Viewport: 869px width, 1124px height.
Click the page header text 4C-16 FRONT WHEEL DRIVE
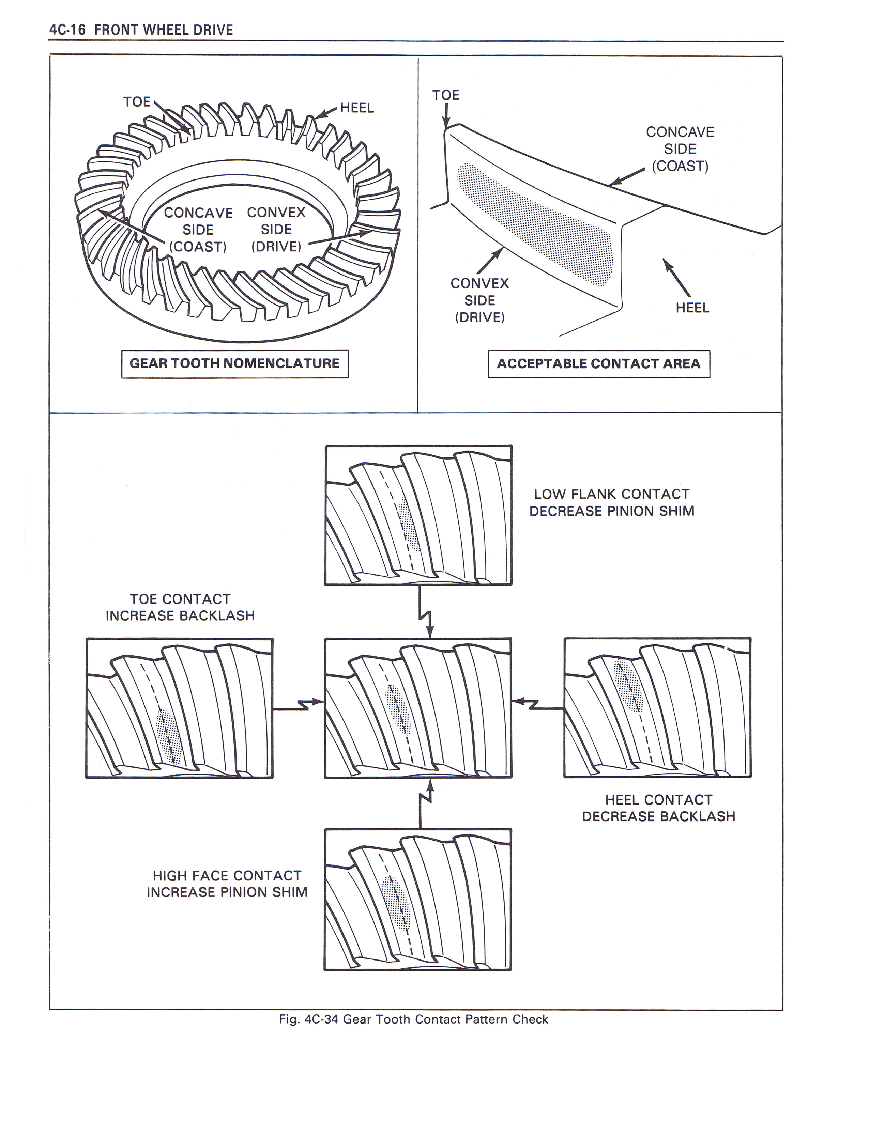[141, 30]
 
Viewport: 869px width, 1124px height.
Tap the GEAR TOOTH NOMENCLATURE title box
[235, 364]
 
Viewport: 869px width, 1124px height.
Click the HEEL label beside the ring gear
[357, 108]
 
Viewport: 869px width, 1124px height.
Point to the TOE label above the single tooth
[446, 95]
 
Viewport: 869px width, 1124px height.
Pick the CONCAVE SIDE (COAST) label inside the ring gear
[198, 230]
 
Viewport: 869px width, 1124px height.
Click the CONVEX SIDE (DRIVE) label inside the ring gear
[276, 230]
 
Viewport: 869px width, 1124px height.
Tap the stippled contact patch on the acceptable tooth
[535, 224]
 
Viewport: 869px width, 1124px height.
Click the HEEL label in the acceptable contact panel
[692, 308]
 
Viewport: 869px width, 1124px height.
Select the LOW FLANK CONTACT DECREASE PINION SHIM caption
[612, 503]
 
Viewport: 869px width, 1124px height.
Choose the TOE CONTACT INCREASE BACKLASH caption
[180, 607]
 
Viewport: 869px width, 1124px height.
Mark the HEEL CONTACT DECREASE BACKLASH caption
[658, 808]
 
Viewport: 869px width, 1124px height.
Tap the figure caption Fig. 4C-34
[413, 1019]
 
